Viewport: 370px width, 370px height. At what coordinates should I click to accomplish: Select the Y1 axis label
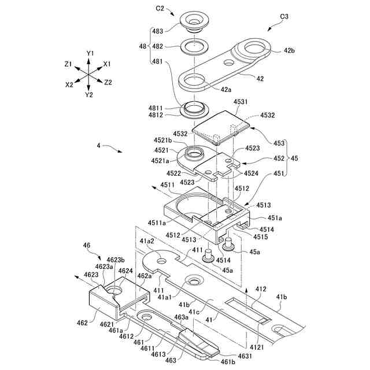(90, 53)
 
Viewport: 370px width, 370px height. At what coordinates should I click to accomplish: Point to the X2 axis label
(69, 84)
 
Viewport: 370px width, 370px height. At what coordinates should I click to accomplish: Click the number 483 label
(157, 30)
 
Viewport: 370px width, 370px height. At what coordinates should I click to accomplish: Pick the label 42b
(288, 50)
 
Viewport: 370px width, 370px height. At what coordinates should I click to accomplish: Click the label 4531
(241, 102)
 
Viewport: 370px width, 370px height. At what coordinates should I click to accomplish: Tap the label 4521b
(162, 140)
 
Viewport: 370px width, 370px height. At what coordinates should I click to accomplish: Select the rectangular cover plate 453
(223, 126)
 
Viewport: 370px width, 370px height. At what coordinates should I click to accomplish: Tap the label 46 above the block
(87, 246)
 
